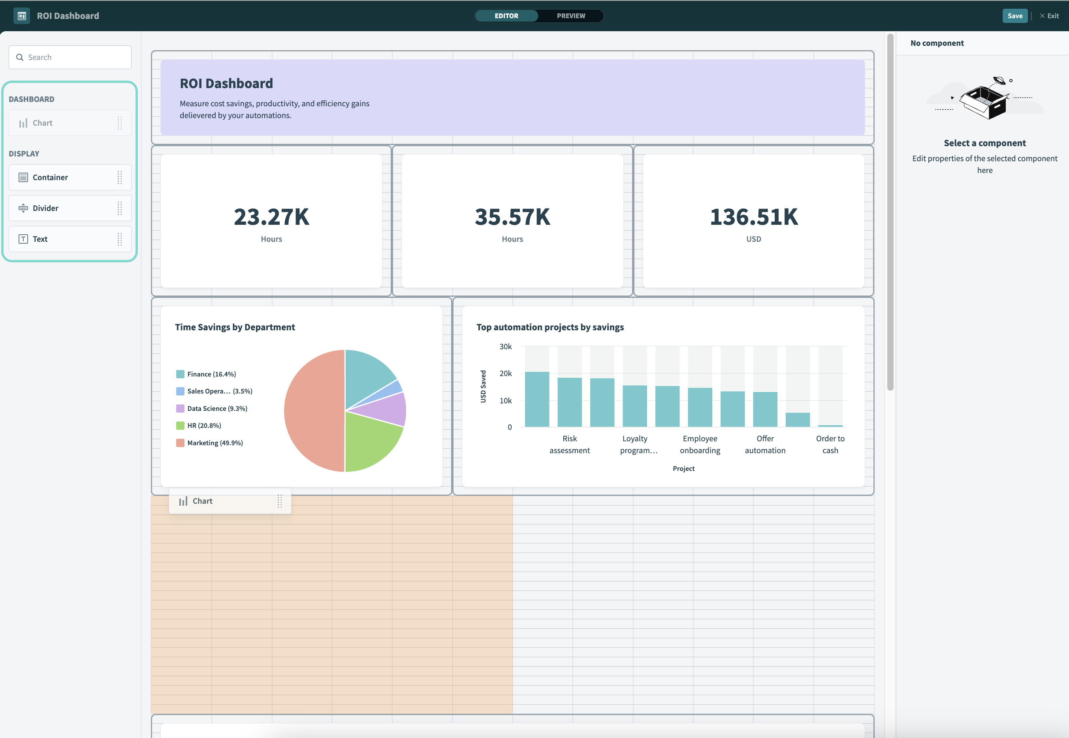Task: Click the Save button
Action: (x=1014, y=16)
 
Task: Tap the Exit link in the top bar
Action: (x=1050, y=16)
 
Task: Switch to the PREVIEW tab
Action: (x=570, y=16)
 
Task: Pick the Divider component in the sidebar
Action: (x=45, y=208)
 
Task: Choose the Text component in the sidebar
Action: (x=40, y=239)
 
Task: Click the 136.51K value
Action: (x=754, y=217)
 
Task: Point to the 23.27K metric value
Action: (x=271, y=217)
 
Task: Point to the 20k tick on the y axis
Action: (x=505, y=374)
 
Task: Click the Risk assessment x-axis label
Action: (x=569, y=444)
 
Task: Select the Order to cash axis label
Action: (x=830, y=444)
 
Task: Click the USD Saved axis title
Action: (x=483, y=386)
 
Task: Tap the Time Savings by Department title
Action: (x=235, y=327)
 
